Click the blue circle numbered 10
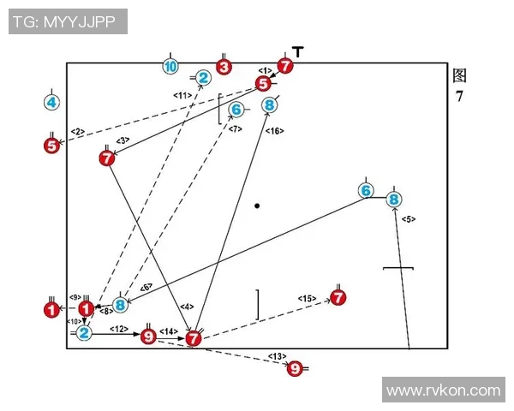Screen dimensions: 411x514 pos(170,66)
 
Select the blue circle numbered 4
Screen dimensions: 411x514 pos(51,103)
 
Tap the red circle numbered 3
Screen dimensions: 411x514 pos(224,66)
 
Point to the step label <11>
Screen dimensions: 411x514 pos(182,95)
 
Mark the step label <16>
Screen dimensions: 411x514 pos(275,130)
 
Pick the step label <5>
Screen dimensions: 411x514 pos(409,219)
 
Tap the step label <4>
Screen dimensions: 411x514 pos(188,307)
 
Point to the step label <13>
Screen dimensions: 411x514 pos(277,354)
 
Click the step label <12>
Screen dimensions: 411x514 pos(119,329)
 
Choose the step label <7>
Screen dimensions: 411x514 pos(236,128)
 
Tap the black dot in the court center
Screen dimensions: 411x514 pos(257,205)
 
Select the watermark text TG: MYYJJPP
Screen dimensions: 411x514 pos(68,21)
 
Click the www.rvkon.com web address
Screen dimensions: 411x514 pos(443,390)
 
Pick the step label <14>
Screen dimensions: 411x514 pos(168,331)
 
